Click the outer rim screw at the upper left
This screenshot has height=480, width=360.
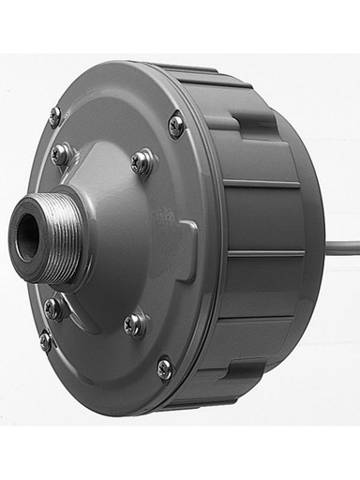pos(54,116)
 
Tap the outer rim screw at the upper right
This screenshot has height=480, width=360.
pos(175,123)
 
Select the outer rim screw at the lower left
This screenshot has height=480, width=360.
pos(45,341)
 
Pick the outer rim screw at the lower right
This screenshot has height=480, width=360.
pos(164,369)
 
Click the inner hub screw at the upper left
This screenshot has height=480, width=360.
pos(60,155)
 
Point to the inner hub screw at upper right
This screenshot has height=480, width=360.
pos(141,162)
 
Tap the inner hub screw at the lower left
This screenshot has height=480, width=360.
pos(54,307)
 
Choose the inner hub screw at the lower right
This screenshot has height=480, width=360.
pos(134,325)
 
